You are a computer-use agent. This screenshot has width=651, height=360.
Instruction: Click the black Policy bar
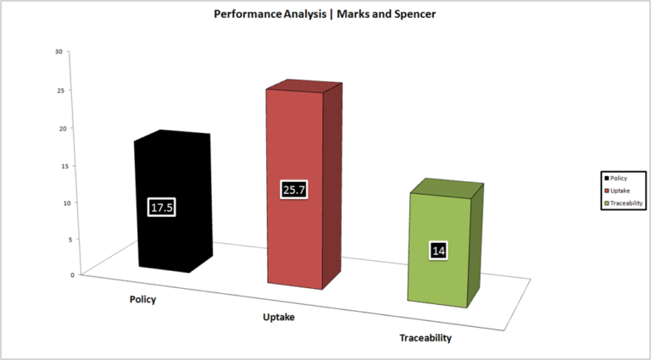172,201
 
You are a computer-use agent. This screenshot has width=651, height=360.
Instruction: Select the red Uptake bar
304,185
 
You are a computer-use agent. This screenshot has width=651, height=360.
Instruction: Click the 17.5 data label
162,208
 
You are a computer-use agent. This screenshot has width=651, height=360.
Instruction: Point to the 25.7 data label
294,190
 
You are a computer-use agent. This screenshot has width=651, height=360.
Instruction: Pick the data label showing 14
438,251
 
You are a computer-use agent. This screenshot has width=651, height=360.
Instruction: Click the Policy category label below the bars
142,300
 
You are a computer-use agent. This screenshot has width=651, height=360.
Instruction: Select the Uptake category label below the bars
279,318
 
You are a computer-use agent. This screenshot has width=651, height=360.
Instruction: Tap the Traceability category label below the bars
426,338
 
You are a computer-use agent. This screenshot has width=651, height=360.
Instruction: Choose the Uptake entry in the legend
617,191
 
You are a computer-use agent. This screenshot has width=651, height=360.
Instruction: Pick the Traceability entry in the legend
624,203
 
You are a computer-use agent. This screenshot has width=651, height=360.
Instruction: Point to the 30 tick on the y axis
58,52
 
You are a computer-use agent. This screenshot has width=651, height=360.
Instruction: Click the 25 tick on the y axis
61,90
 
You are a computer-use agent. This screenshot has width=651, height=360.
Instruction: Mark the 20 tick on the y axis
63,128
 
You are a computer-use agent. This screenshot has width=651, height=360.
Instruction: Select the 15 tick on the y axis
65,166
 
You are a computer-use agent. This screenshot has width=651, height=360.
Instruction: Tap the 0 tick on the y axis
73,274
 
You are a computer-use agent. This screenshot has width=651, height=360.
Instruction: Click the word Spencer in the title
415,14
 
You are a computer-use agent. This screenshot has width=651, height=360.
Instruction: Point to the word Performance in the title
248,14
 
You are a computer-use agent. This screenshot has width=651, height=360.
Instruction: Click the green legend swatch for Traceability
607,203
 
